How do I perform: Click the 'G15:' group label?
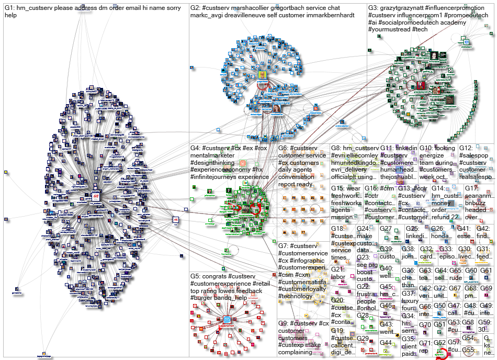coord(338,188)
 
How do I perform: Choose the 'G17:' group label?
coord(471,188)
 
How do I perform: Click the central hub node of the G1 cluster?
coord(96,197)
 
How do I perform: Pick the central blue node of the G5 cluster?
coord(228,319)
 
